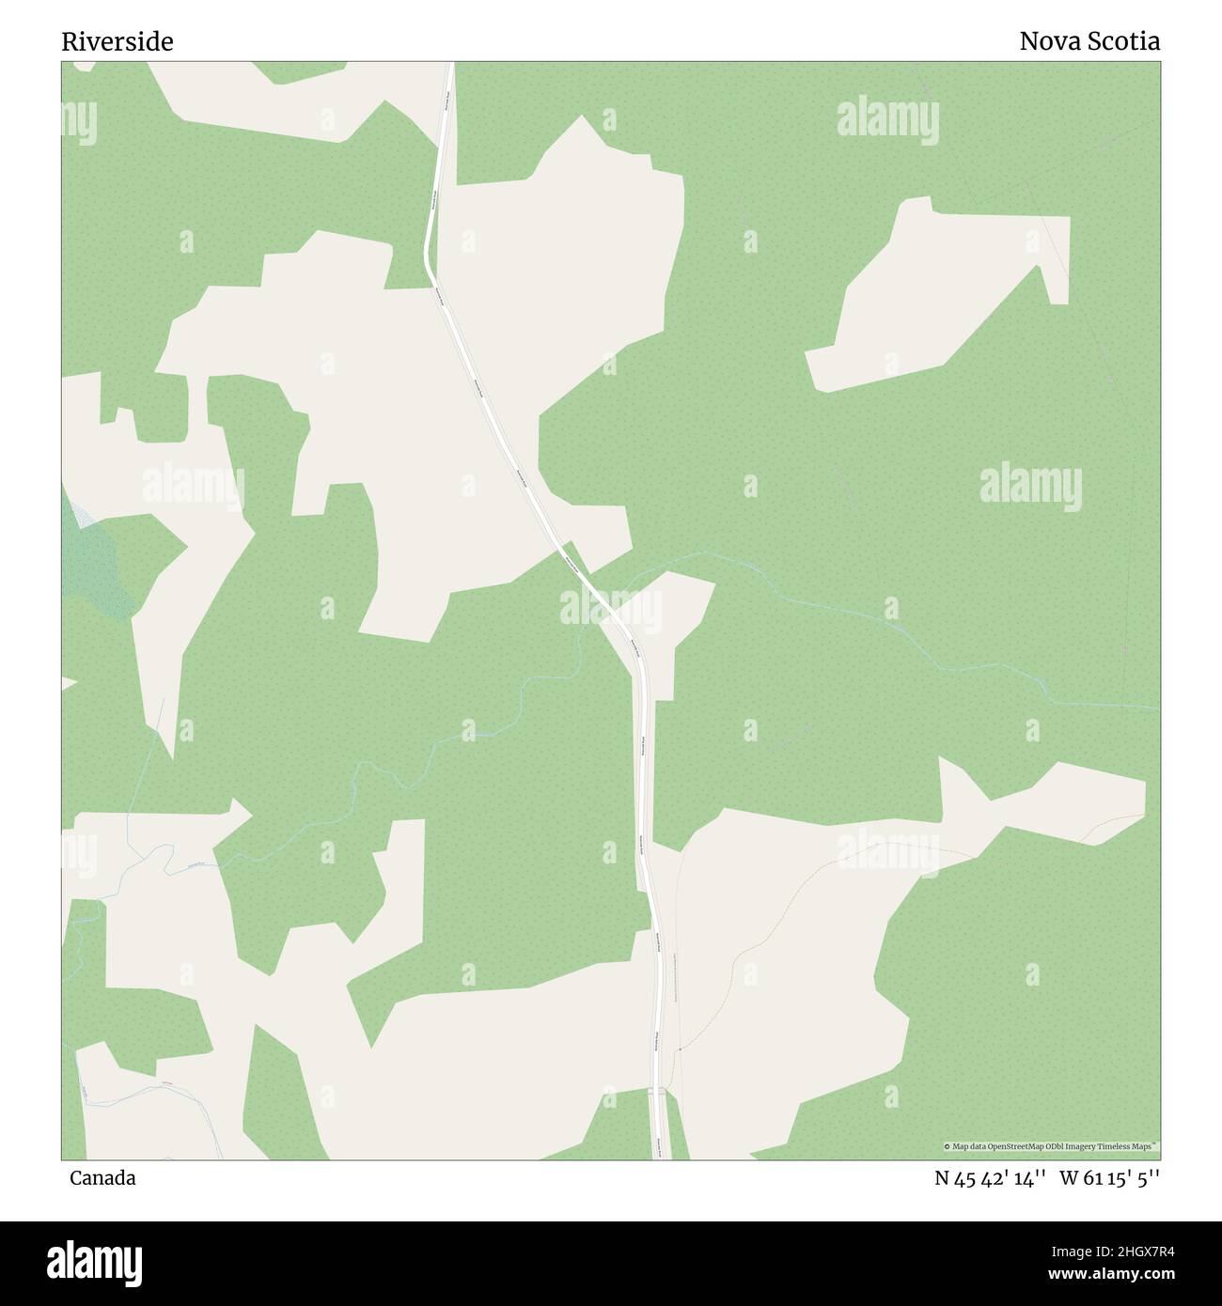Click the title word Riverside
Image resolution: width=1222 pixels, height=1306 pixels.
point(117,42)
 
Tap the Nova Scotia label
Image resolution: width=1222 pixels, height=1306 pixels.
point(1089,41)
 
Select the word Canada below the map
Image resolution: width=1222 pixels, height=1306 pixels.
point(102,1178)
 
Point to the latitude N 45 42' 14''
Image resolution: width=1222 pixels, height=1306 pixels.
point(991,1178)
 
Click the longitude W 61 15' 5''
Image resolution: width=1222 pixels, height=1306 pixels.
point(1110,1178)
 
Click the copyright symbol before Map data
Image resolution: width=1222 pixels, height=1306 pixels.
point(948,1146)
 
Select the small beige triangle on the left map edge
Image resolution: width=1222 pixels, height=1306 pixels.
point(68,682)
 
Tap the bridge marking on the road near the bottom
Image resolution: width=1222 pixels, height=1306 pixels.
point(659,1092)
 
